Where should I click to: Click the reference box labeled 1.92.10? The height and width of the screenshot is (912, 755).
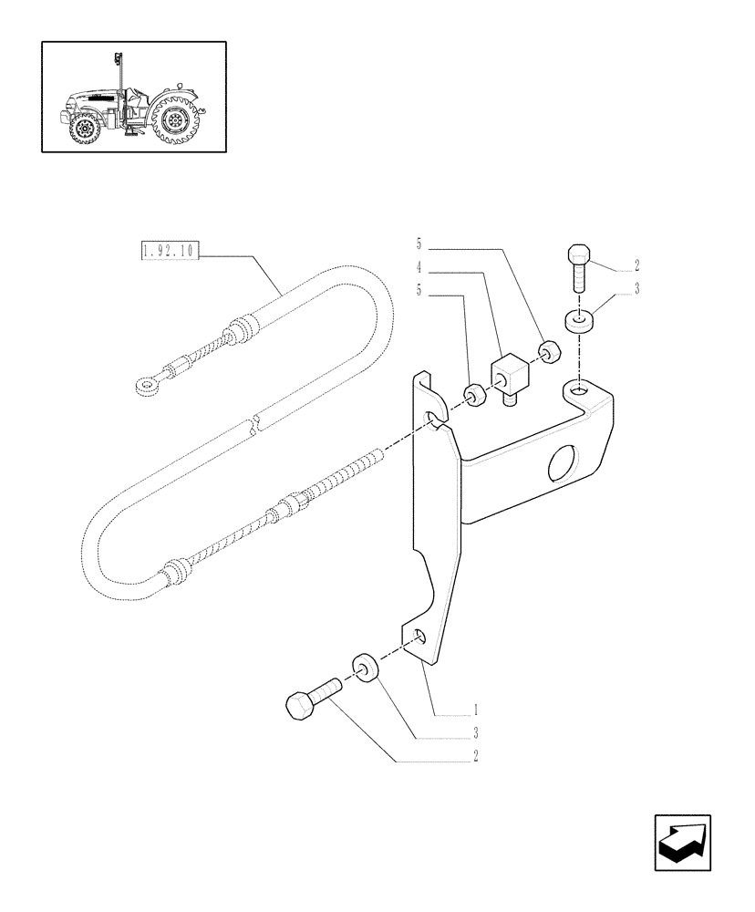(x=171, y=251)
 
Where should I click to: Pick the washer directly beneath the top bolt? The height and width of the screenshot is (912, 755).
(x=576, y=321)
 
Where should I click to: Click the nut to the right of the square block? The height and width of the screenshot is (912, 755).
(x=548, y=351)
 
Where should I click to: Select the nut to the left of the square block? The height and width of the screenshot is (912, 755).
(x=474, y=394)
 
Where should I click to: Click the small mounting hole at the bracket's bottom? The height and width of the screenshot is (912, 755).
(x=419, y=636)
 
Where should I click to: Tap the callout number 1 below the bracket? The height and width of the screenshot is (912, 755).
(x=475, y=709)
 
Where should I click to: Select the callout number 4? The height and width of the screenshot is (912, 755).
(x=420, y=269)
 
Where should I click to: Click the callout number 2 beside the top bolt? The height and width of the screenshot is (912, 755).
(x=637, y=267)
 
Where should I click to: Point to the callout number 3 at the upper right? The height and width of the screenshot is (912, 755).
(x=637, y=289)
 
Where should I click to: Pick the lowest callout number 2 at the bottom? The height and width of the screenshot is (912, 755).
(x=475, y=755)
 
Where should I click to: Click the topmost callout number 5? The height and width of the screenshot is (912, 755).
(x=420, y=244)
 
